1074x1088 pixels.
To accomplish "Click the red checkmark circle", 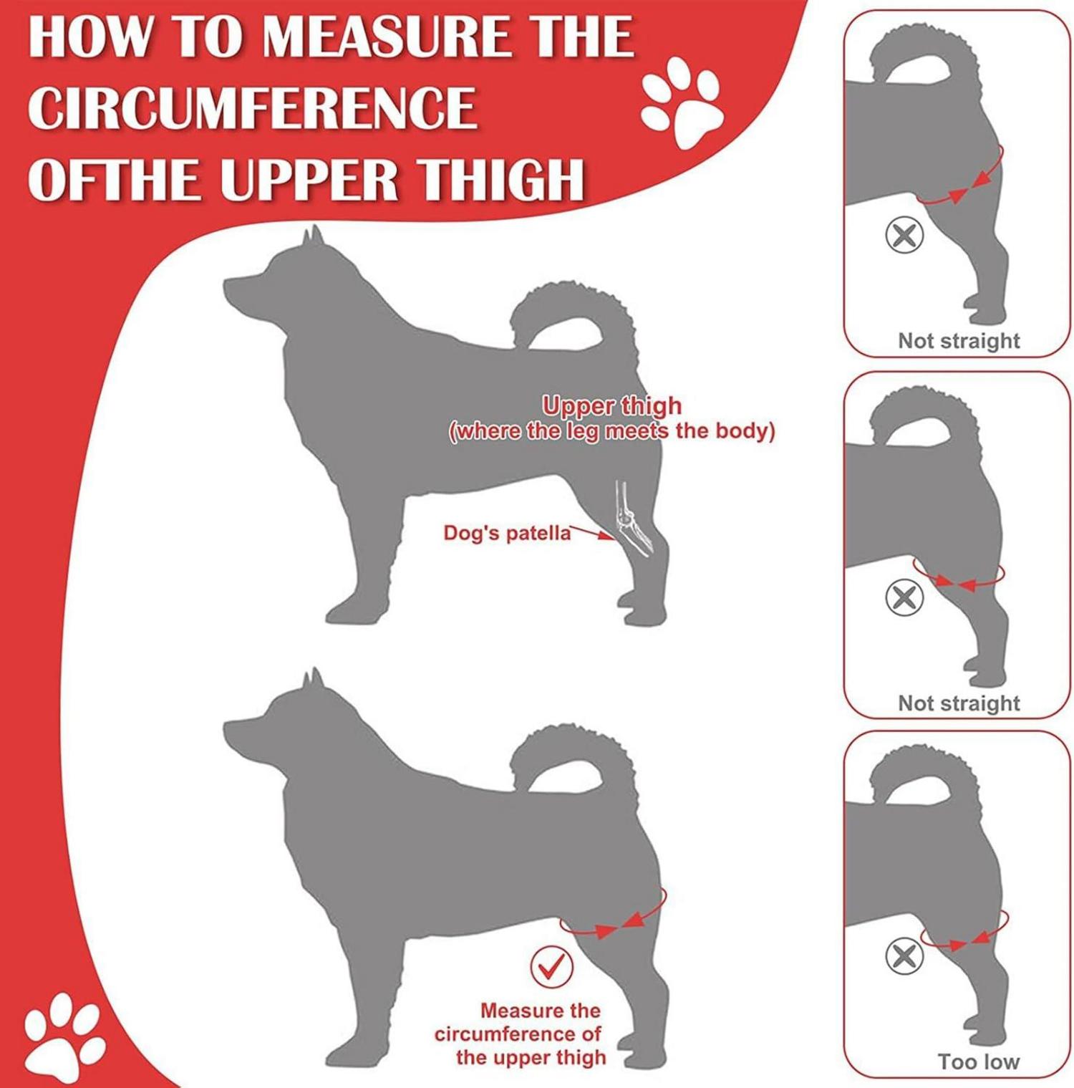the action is pyautogui.click(x=551, y=967).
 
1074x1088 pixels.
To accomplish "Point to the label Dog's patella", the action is pyautogui.click(x=507, y=533).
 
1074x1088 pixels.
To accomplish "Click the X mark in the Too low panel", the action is pyautogui.click(x=904, y=955).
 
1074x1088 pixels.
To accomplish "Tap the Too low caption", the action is pyautogui.click(x=978, y=1061).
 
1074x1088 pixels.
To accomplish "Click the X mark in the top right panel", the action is pyautogui.click(x=904, y=234).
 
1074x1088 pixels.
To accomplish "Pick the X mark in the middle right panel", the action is pyautogui.click(x=904, y=597).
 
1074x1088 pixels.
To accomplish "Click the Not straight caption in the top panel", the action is pyautogui.click(x=959, y=340).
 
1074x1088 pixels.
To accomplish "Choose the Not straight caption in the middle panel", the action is pyautogui.click(x=959, y=703).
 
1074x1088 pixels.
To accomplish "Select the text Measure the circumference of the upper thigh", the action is pyautogui.click(x=521, y=1034).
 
